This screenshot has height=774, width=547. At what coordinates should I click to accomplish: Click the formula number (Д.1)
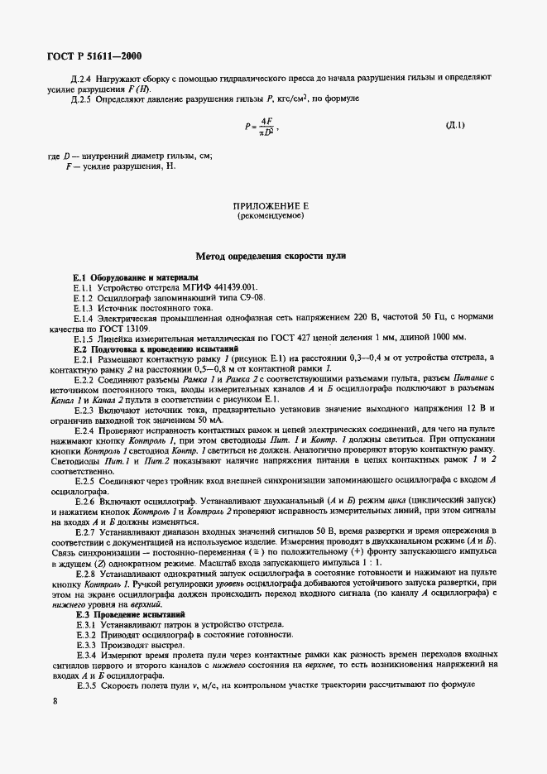click(455, 126)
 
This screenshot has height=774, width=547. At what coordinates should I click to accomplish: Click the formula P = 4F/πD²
click(262, 127)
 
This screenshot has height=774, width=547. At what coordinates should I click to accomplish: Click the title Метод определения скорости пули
click(271, 257)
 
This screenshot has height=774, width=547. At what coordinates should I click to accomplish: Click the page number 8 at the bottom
click(55, 701)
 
